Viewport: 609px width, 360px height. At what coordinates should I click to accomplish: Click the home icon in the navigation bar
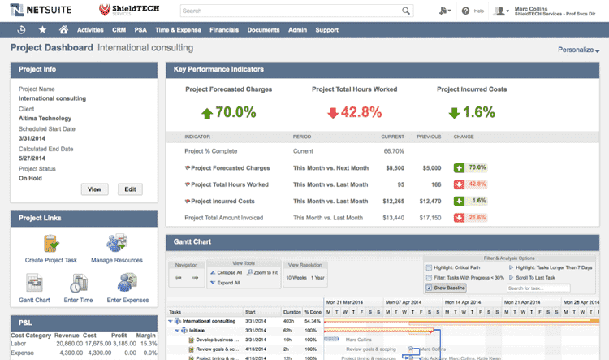pyautogui.click(x=63, y=30)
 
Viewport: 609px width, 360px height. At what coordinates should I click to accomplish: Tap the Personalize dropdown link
pyautogui.click(x=578, y=50)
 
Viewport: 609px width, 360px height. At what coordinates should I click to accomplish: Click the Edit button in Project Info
pyautogui.click(x=130, y=189)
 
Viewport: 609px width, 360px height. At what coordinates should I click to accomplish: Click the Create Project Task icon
pyautogui.click(x=51, y=245)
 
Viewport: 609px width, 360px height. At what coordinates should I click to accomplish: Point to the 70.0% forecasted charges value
pyautogui.click(x=228, y=112)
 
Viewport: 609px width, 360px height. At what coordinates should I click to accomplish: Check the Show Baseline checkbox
pyautogui.click(x=429, y=288)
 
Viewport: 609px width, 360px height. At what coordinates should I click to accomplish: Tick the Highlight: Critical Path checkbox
pyautogui.click(x=429, y=267)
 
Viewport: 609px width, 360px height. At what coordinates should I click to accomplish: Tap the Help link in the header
pyautogui.click(x=473, y=11)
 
